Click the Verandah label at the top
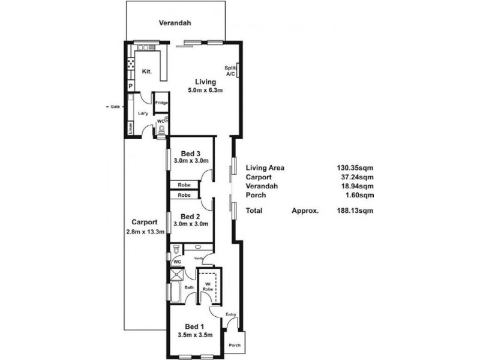click(x=175, y=23)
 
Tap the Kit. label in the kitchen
click(x=146, y=71)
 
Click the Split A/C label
click(x=230, y=71)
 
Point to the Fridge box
click(x=161, y=103)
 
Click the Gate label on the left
click(x=115, y=107)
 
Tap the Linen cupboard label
click(x=130, y=128)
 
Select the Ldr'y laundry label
click(x=143, y=113)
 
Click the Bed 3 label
click(x=190, y=153)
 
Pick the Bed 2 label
click(x=190, y=216)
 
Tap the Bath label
click(x=188, y=287)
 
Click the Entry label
click(x=230, y=314)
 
